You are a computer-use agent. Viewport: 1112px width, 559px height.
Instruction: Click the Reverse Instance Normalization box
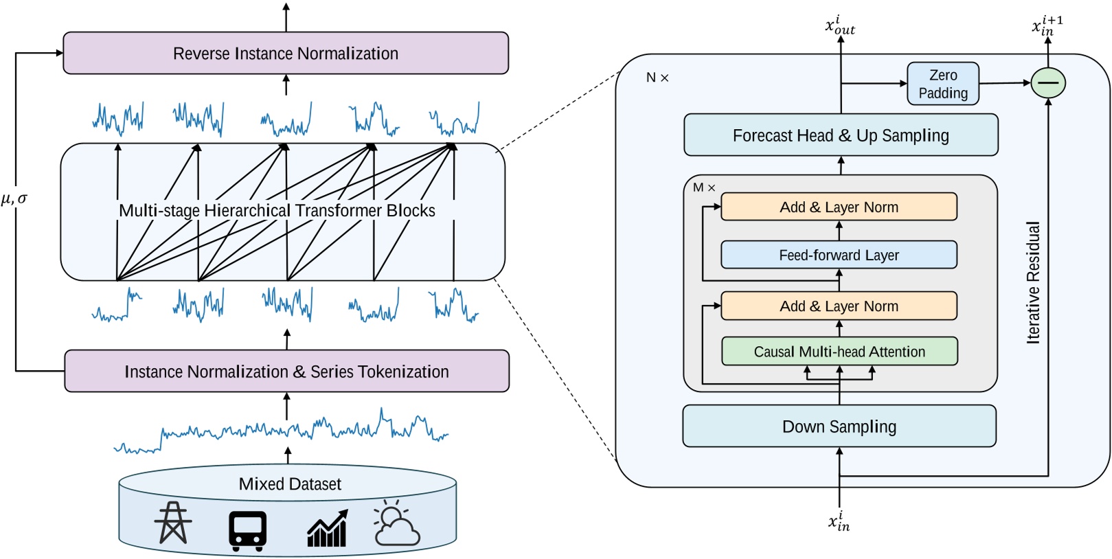click(286, 54)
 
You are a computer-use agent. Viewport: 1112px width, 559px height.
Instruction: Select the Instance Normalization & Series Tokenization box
click(286, 372)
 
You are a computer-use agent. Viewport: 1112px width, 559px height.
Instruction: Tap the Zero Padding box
click(943, 84)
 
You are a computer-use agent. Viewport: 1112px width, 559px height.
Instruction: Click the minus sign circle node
click(1048, 83)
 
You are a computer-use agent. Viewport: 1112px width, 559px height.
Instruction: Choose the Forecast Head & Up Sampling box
click(841, 135)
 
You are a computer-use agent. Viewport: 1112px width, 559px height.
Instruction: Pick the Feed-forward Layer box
click(839, 255)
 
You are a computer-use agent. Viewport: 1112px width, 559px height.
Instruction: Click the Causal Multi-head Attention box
click(839, 352)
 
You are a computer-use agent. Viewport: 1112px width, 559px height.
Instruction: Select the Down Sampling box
click(839, 426)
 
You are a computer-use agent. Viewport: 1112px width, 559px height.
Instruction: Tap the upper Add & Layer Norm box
click(839, 207)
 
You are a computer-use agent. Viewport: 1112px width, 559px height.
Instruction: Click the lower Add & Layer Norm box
click(839, 306)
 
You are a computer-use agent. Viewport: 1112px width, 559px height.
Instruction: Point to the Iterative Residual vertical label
click(1033, 282)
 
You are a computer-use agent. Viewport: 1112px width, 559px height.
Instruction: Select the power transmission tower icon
click(173, 523)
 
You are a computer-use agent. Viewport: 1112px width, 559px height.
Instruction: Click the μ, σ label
click(14, 199)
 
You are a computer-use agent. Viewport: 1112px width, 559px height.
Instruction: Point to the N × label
click(657, 78)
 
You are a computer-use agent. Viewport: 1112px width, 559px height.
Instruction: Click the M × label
click(704, 187)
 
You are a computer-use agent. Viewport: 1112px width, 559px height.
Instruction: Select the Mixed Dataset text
click(290, 484)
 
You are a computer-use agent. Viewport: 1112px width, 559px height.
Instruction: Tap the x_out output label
click(840, 26)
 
